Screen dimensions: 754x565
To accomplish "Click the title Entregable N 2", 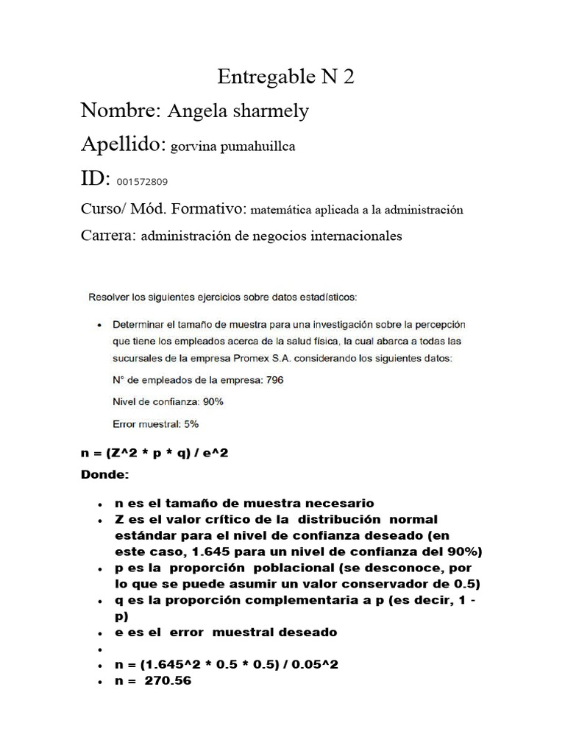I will (286, 76).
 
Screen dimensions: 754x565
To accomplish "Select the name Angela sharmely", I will (238, 111).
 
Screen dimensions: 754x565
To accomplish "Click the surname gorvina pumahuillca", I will (232, 147).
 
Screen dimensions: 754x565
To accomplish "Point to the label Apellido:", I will (123, 145).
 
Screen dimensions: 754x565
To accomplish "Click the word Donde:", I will (104, 476).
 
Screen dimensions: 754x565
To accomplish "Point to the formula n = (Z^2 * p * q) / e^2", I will (154, 453).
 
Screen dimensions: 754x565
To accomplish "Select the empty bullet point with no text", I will (99, 649).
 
